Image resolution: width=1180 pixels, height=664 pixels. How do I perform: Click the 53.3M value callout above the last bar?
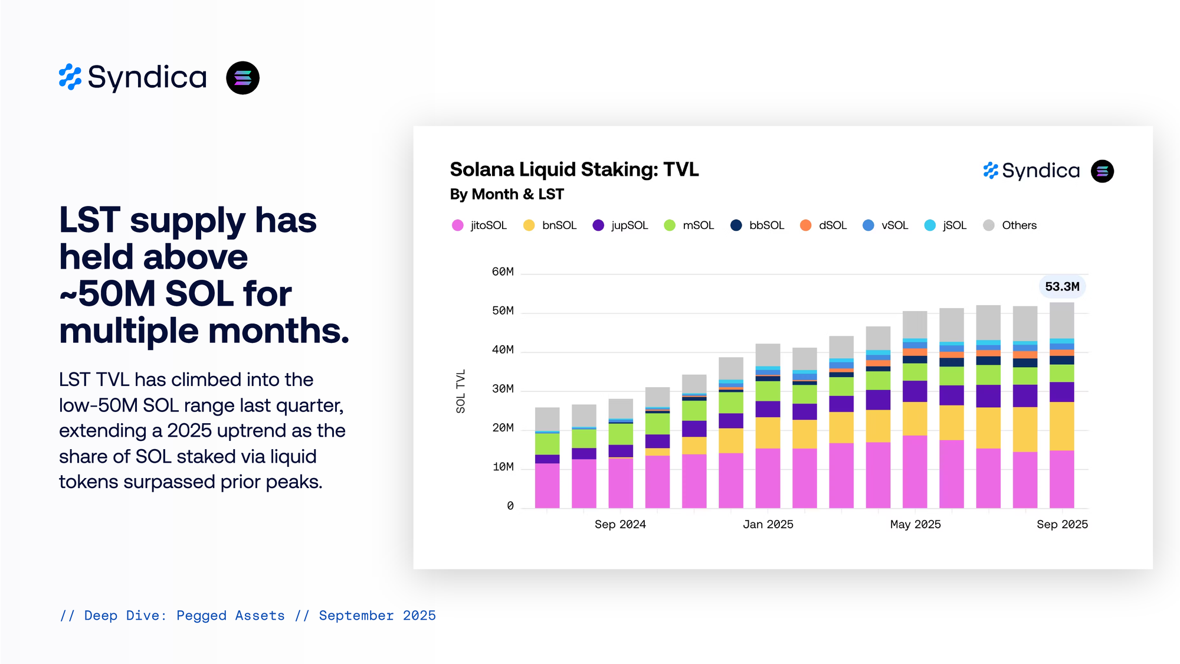(x=1062, y=287)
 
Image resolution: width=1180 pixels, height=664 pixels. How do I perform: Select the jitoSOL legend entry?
(x=479, y=225)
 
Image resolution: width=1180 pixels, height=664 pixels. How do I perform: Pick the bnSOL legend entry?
(x=550, y=225)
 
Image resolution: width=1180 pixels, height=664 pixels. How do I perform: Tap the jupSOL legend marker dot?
(x=598, y=225)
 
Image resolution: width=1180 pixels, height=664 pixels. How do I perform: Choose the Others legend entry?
(x=1010, y=225)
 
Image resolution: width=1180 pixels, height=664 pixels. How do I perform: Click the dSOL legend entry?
(x=824, y=225)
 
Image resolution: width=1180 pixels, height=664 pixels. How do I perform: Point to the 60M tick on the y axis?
(x=503, y=272)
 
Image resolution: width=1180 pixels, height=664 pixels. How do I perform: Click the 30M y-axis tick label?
(x=503, y=389)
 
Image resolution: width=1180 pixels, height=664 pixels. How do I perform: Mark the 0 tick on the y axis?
(x=510, y=506)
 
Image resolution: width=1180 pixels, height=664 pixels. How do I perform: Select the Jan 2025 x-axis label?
(x=768, y=525)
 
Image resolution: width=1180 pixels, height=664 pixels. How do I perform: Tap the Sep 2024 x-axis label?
(x=620, y=525)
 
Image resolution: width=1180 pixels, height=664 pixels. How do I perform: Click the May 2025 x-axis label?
(x=915, y=525)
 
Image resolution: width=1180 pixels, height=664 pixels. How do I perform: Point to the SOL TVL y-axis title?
(x=461, y=391)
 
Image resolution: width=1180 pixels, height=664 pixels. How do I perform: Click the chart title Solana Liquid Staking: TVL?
(x=574, y=170)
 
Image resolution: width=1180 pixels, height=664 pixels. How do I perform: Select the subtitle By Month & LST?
(x=507, y=195)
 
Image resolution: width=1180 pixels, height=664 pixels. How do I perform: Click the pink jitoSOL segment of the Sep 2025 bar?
(x=1061, y=479)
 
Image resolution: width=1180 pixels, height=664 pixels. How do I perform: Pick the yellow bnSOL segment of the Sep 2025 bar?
(x=1061, y=426)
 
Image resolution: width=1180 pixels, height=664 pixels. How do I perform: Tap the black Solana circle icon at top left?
(x=242, y=78)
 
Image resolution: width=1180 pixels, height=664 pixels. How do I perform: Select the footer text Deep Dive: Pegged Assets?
(x=184, y=616)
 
